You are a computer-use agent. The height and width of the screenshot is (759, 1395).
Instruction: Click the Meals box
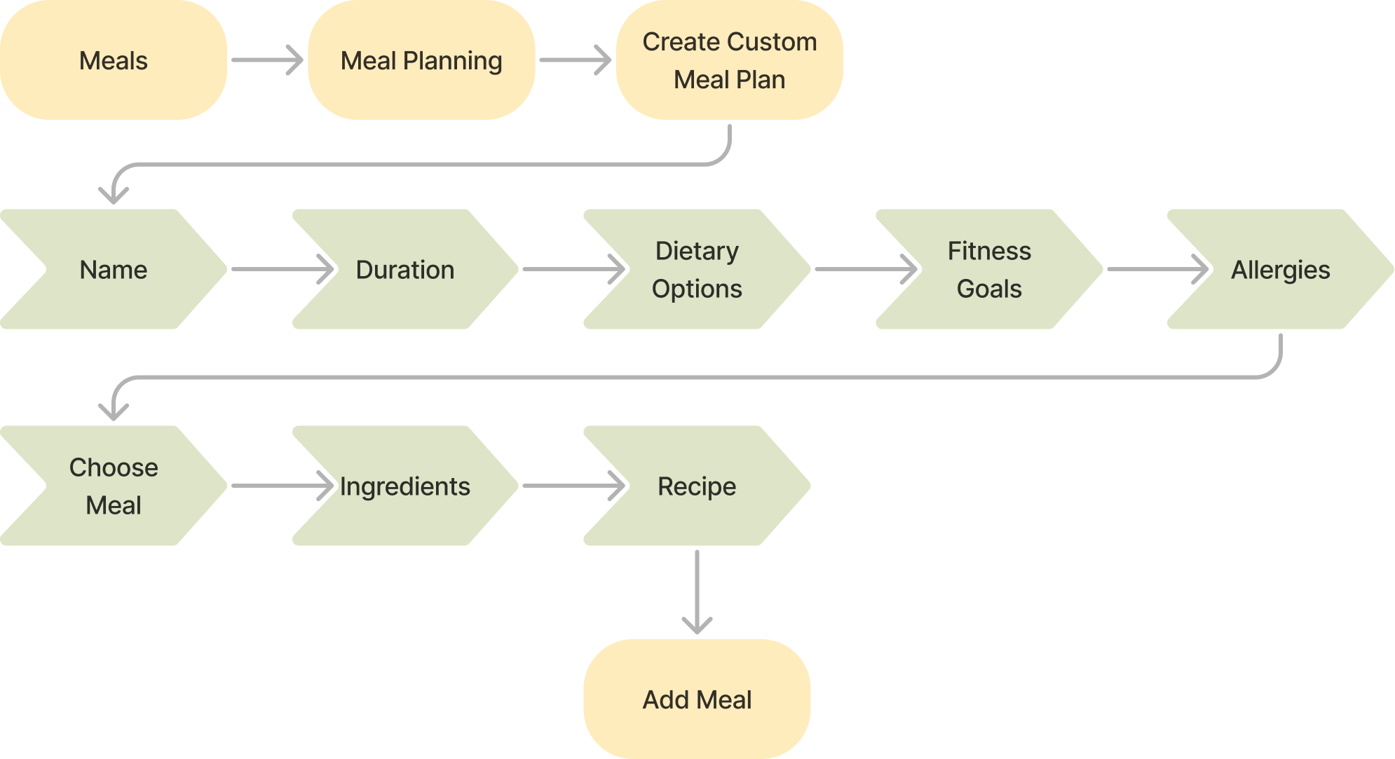113,60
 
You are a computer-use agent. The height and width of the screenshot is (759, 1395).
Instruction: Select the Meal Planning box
421,60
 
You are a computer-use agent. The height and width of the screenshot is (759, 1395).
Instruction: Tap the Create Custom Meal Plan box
729,60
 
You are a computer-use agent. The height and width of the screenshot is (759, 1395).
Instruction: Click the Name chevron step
113,269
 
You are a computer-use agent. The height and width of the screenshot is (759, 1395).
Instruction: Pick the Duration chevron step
405,269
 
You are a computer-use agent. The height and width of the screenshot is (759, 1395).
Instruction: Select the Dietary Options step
697,269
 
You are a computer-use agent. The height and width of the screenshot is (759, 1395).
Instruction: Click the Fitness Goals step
989,269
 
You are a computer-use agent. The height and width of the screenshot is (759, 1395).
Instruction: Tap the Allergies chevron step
1280,269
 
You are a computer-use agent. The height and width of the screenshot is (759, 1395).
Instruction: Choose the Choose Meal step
113,486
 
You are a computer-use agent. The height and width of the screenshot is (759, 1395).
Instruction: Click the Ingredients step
405,486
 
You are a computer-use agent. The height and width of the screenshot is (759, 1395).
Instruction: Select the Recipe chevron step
697,486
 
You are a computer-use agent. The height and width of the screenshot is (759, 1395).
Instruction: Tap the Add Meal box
697,699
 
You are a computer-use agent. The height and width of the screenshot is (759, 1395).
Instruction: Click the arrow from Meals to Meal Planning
266,60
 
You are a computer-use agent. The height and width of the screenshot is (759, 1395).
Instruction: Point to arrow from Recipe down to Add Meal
697,592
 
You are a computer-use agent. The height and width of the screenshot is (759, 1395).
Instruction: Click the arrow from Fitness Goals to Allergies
1157,269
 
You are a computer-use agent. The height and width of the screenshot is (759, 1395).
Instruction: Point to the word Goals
989,289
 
